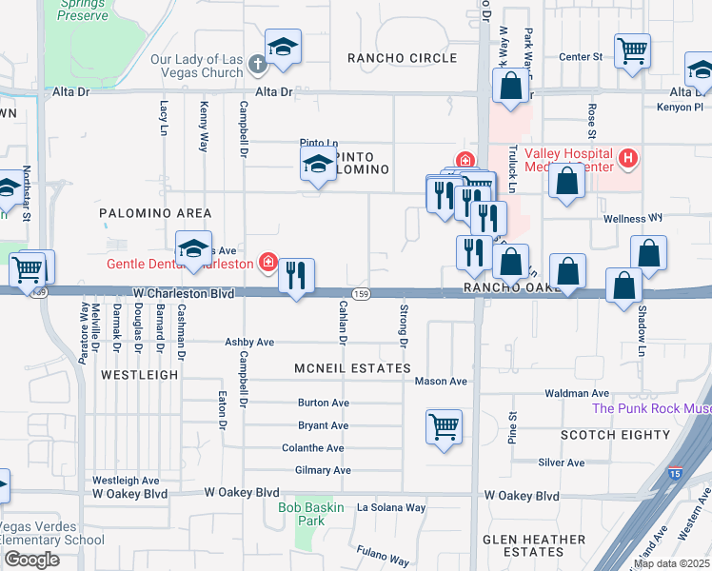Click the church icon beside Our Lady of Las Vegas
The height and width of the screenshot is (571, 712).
click(256, 65)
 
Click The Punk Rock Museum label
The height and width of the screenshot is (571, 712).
click(651, 408)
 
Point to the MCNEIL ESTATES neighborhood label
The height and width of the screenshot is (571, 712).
click(352, 368)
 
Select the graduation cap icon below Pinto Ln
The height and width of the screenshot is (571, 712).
click(319, 164)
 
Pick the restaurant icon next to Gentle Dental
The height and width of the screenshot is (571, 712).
click(296, 276)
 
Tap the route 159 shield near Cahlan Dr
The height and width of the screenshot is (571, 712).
click(361, 293)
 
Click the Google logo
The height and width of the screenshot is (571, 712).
click(31, 560)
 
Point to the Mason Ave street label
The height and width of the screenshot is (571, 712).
click(441, 382)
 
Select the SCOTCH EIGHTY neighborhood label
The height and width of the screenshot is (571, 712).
click(615, 435)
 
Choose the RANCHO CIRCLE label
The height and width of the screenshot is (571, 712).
click(402, 58)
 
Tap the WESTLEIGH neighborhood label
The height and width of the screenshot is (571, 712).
click(139, 375)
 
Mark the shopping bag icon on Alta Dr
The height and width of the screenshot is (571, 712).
click(511, 86)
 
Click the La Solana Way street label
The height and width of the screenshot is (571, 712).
click(391, 507)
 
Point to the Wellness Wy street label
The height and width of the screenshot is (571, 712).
click(633, 219)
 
